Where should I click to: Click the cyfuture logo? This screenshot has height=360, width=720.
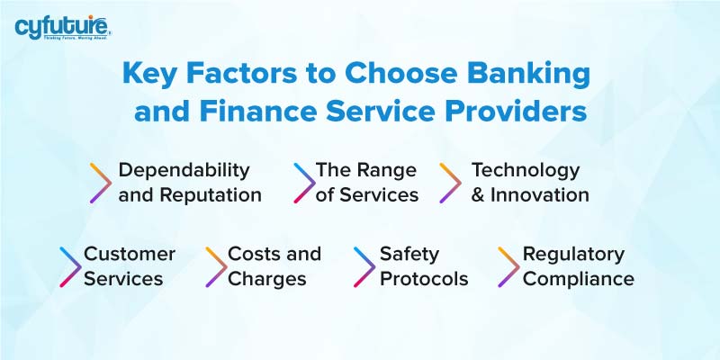[62, 28]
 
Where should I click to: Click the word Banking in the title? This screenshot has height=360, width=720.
[527, 75]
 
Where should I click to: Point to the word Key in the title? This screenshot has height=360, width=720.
[149, 75]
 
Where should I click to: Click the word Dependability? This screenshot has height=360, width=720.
[184, 170]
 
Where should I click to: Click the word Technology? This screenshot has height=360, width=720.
[526, 170]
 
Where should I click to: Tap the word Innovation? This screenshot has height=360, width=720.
[540, 195]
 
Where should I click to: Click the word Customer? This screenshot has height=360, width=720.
[130, 254]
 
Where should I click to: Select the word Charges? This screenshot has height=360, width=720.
[266, 279]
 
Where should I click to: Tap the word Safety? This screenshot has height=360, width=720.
[409, 254]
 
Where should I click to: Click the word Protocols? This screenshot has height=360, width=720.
[424, 279]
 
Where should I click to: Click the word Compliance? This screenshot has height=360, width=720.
[578, 279]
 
